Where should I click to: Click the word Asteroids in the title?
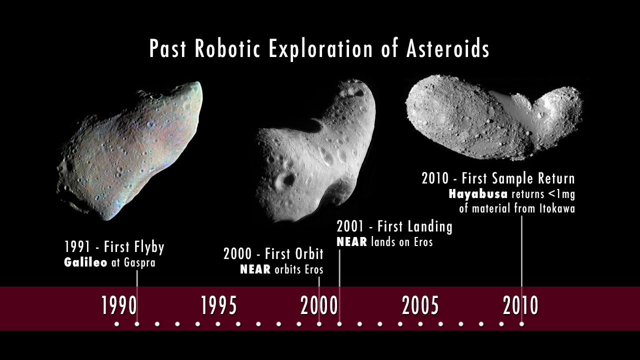(447, 48)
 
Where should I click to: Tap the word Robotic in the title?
(227, 48)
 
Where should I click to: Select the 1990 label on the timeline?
(119, 305)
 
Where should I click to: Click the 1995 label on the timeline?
(219, 305)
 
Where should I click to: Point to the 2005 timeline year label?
(420, 305)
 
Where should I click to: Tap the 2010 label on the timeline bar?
(520, 305)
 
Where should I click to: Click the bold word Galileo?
(85, 262)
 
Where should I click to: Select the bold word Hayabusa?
(478, 194)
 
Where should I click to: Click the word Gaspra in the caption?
(139, 263)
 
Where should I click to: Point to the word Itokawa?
(557, 208)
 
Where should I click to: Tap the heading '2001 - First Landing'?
(394, 227)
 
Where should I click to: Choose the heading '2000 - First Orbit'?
(273, 253)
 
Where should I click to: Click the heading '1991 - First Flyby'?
(114, 247)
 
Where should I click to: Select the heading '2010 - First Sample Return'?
(498, 178)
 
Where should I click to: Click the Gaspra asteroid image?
(130, 151)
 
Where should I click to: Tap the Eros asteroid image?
(315, 151)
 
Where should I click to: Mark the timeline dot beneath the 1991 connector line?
(137, 324)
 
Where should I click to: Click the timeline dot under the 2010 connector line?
(521, 324)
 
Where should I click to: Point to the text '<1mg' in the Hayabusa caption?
(561, 194)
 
